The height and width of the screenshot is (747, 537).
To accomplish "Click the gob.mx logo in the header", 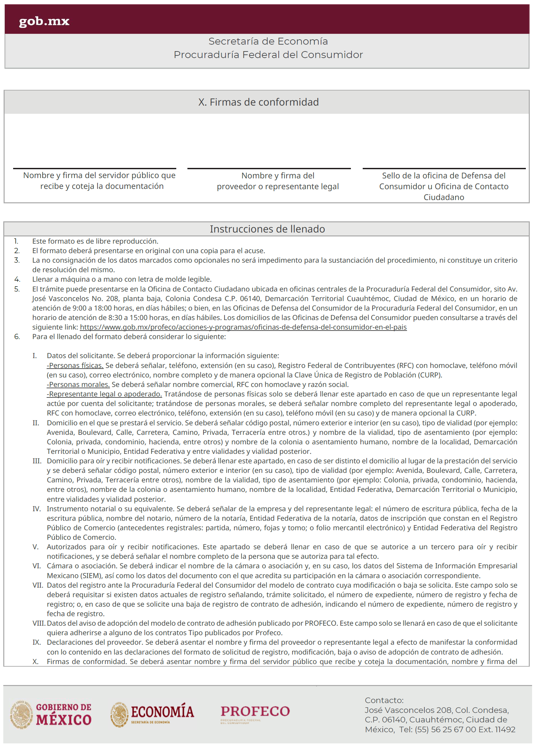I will click(44, 21).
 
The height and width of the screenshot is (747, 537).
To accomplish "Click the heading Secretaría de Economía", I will click(268, 42).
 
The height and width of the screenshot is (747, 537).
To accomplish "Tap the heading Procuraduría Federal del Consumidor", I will click(268, 55).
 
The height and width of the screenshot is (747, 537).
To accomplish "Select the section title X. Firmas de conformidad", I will click(258, 102).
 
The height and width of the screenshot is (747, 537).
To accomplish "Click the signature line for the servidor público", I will click(95, 168).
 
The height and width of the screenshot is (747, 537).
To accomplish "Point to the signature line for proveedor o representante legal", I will click(269, 168).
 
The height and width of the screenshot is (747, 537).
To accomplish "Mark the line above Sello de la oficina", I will click(444, 168).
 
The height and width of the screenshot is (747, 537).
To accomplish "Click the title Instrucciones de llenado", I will click(267, 229).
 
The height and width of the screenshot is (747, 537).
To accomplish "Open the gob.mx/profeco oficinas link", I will click(243, 327).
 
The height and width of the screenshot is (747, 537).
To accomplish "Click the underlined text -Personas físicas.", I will click(75, 365).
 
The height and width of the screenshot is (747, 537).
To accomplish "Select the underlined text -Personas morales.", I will click(78, 384).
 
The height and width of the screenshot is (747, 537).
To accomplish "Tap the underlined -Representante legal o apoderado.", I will click(104, 394).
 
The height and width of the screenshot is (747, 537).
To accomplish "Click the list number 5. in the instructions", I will click(17, 289).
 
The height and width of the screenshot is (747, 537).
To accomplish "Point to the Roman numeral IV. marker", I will click(36, 509).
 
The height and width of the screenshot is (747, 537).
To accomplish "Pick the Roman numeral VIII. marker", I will click(39, 623).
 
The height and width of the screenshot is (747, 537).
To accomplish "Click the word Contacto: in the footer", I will click(384, 700).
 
